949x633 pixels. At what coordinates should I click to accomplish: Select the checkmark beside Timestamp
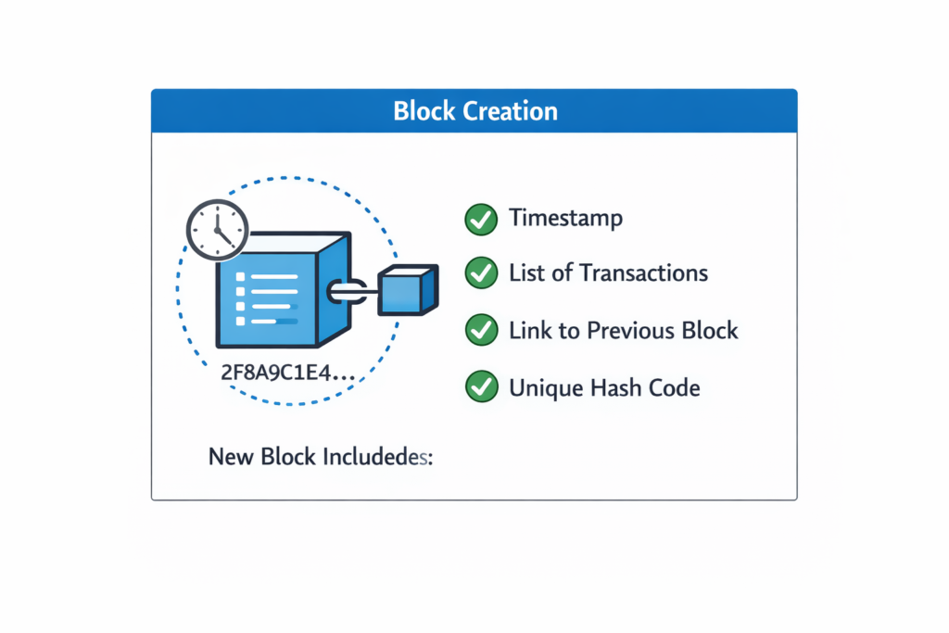click(480, 220)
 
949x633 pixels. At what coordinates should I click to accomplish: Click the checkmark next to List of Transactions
click(480, 273)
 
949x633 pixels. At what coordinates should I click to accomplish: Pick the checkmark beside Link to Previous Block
click(480, 330)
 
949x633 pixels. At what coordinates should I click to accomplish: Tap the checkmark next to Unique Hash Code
click(480, 386)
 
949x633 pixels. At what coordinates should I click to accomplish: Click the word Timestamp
click(565, 220)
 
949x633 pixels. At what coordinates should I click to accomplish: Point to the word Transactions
click(643, 273)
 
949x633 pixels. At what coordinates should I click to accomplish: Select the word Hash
click(607, 386)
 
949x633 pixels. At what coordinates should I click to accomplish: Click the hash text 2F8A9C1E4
click(286, 374)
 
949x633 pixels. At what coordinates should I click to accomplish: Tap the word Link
click(531, 330)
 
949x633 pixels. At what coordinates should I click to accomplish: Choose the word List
click(527, 273)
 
